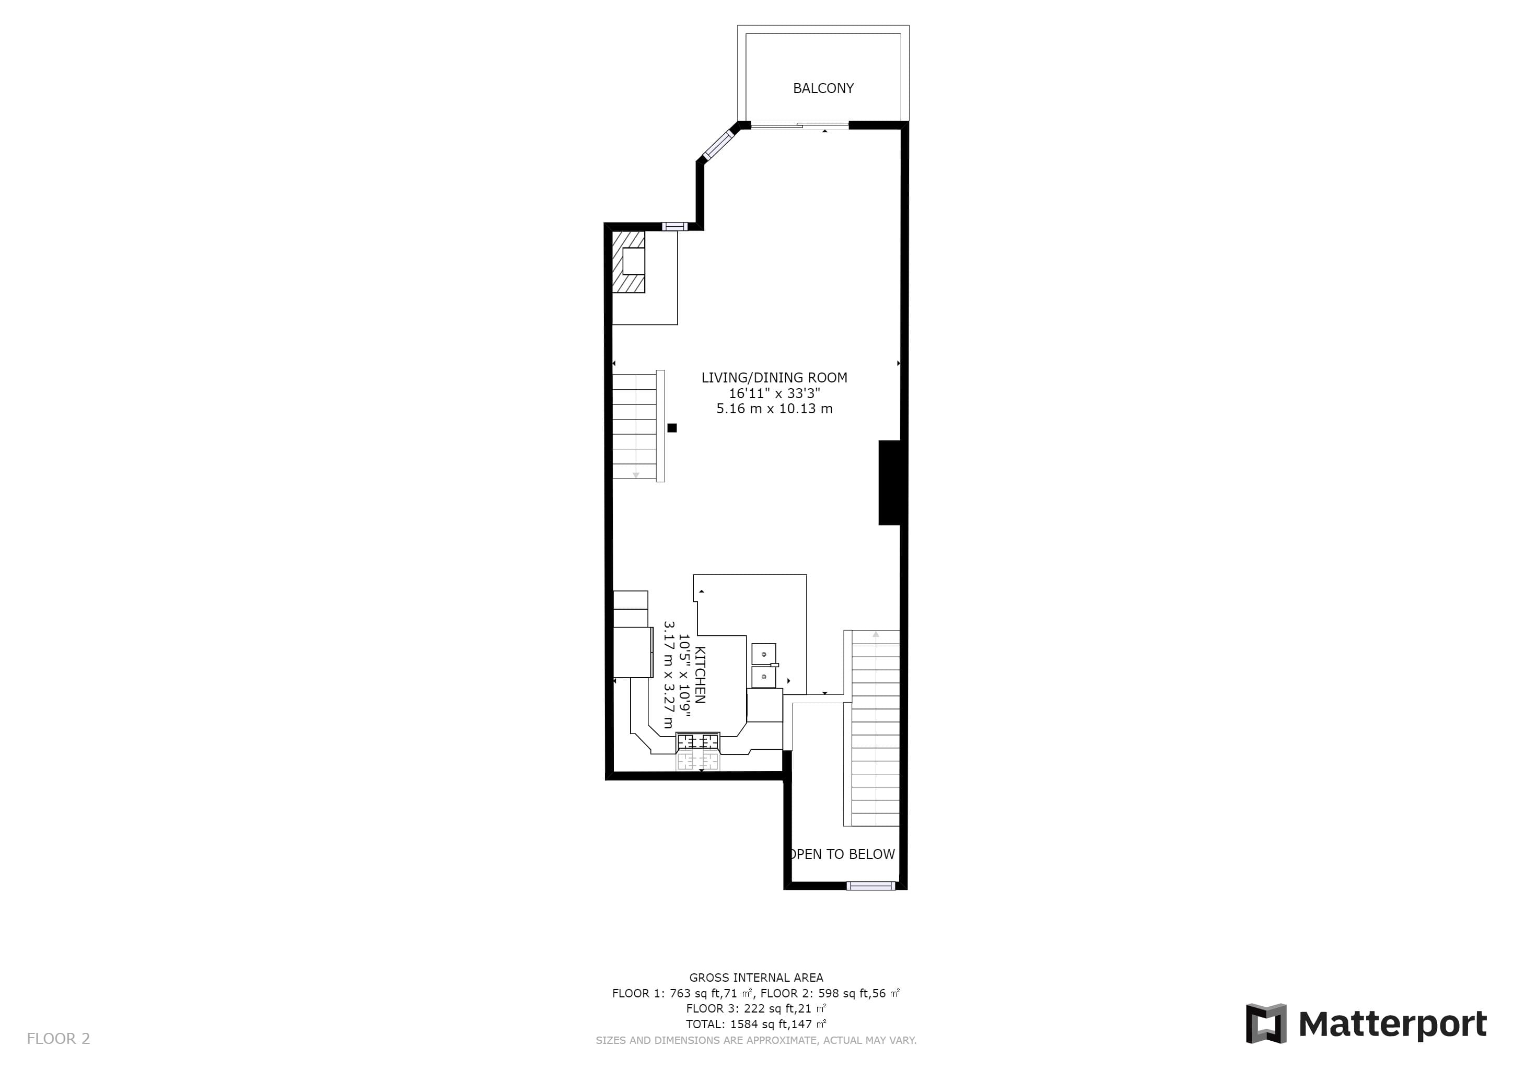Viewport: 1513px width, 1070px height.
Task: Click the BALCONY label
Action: pyautogui.click(x=823, y=88)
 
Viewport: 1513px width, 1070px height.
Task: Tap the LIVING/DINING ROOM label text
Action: pyautogui.click(x=774, y=378)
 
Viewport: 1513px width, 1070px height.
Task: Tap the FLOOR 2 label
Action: pyautogui.click(x=58, y=1039)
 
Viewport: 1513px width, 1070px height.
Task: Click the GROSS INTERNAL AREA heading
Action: pyautogui.click(x=756, y=978)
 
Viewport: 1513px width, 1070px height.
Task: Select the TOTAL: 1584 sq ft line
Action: pyautogui.click(x=756, y=1024)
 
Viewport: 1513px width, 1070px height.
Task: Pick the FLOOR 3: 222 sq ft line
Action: pyautogui.click(x=756, y=1009)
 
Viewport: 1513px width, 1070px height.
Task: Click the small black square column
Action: pyautogui.click(x=672, y=427)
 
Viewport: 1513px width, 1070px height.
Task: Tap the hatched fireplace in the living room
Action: pyautogui.click(x=629, y=262)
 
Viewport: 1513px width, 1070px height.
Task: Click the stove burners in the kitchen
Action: pyautogui.click(x=699, y=742)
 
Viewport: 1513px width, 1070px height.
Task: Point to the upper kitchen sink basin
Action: pyautogui.click(x=764, y=654)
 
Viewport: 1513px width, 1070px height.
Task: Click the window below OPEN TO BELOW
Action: pyautogui.click(x=870, y=886)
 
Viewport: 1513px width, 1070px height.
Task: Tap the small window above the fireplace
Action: pyautogui.click(x=674, y=227)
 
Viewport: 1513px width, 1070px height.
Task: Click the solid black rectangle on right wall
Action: pyautogui.click(x=890, y=482)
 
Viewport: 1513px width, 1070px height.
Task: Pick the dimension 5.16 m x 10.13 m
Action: pyautogui.click(x=774, y=409)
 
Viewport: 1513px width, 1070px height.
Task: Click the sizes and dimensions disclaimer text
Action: pyautogui.click(x=756, y=1040)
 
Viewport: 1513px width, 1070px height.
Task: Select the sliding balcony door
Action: pyautogui.click(x=799, y=125)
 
